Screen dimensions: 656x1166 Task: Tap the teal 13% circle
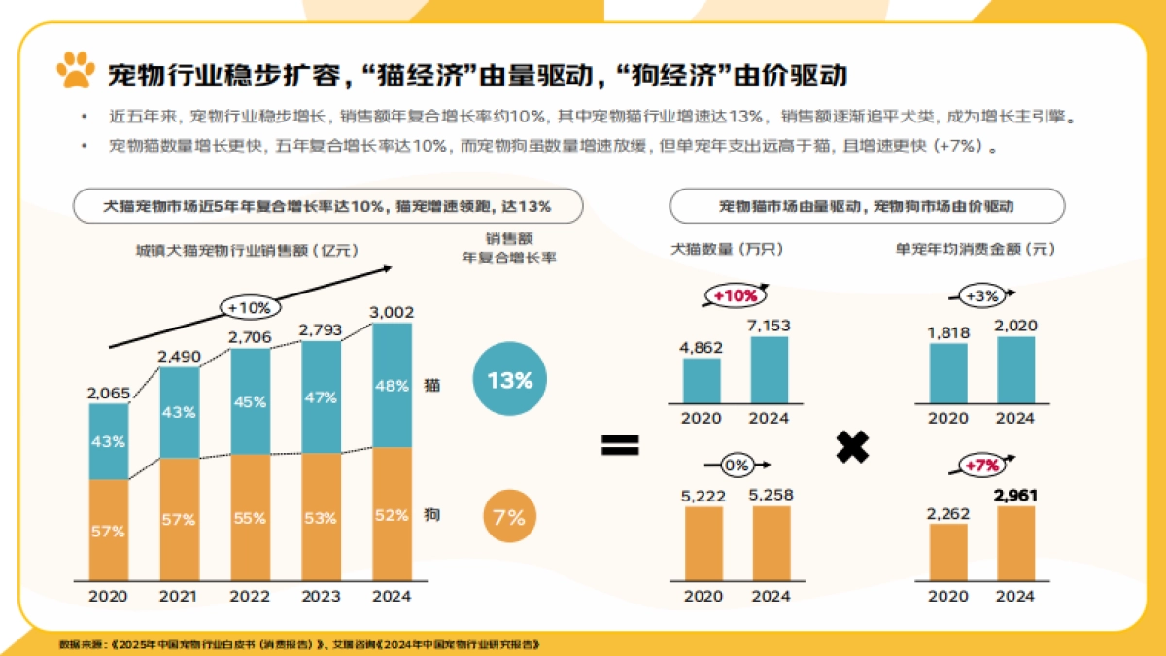pyautogui.click(x=509, y=380)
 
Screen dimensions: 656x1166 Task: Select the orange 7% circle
pyautogui.click(x=509, y=517)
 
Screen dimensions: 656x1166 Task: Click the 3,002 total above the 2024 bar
pyautogui.click(x=392, y=312)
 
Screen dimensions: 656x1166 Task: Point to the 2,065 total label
pyautogui.click(x=108, y=393)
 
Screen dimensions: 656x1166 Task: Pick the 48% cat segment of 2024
pyautogui.click(x=392, y=385)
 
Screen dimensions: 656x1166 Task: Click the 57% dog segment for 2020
pyautogui.click(x=108, y=531)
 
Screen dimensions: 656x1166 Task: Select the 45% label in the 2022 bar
pyautogui.click(x=250, y=401)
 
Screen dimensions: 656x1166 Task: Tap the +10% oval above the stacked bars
pyautogui.click(x=250, y=307)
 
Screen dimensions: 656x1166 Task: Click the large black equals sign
pyautogui.click(x=620, y=446)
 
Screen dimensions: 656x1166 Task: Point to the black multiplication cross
pyautogui.click(x=852, y=446)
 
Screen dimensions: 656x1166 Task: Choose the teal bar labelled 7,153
pyautogui.click(x=770, y=370)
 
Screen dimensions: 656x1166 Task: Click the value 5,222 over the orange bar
pyautogui.click(x=703, y=496)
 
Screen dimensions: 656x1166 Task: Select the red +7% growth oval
pyautogui.click(x=982, y=466)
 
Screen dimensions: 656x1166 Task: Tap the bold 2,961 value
pyautogui.click(x=1015, y=496)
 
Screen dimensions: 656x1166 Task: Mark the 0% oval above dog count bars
pyautogui.click(x=737, y=466)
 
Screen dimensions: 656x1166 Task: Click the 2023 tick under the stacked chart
pyautogui.click(x=321, y=596)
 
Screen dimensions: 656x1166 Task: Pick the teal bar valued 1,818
pyautogui.click(x=948, y=373)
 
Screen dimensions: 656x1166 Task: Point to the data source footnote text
pyautogui.click(x=298, y=644)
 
